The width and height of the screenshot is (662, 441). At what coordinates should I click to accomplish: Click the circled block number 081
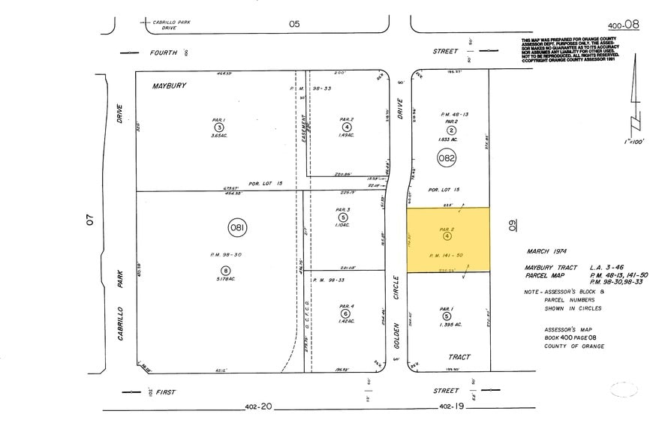(238, 227)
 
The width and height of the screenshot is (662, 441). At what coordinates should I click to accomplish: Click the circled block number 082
(447, 157)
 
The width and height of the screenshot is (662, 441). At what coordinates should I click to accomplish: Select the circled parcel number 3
(218, 127)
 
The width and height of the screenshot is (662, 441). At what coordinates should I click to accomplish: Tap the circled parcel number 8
(224, 270)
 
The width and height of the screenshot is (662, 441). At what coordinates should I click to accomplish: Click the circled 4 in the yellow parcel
(447, 236)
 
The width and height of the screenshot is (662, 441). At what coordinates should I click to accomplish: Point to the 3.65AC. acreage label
(218, 136)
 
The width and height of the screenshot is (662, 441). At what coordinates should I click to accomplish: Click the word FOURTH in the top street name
(163, 52)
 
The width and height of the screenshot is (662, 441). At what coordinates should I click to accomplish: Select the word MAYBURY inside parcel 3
(170, 86)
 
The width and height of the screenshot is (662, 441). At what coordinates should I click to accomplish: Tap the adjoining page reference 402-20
(257, 406)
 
